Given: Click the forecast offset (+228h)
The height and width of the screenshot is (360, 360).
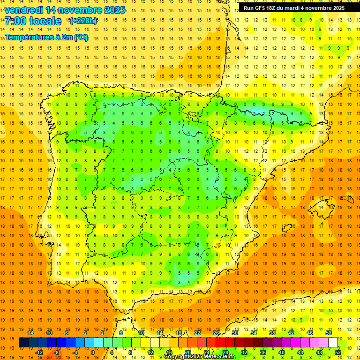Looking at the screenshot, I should pos(83,21).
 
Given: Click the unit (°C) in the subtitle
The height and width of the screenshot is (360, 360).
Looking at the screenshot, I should pos(81,37).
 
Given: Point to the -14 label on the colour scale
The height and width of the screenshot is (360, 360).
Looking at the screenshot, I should pos(30,333).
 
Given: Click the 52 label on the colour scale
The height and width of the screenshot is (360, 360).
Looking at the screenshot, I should pos(338,352).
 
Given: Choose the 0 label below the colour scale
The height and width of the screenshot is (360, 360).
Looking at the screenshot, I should pos(93,352).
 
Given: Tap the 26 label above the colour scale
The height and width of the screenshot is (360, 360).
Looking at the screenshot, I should pos(216,333).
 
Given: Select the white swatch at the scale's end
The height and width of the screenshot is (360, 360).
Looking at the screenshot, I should pos(333,343).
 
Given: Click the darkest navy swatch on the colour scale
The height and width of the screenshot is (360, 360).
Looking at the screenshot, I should pos(23,343).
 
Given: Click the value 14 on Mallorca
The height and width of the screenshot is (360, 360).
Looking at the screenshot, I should pos(321,207).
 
